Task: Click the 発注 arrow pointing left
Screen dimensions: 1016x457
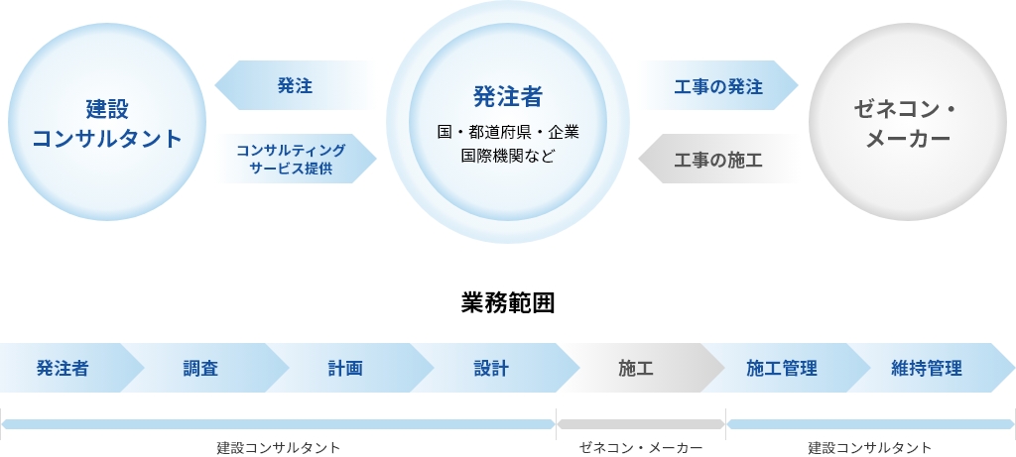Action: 295,85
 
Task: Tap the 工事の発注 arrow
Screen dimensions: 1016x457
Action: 718,85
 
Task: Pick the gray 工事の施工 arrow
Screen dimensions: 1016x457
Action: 718,159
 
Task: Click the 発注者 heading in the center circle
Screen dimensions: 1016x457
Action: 507,96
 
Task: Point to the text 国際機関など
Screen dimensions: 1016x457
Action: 507,156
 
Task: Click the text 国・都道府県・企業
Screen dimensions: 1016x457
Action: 507,133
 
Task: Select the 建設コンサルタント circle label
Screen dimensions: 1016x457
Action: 107,123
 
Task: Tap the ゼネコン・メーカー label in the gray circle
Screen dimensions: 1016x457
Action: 907,123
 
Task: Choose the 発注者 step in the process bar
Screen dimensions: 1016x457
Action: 63,369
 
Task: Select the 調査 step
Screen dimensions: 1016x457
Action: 200,369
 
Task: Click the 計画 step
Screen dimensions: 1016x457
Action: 344,369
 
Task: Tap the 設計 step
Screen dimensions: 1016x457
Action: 491,369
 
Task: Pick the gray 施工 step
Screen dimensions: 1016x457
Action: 636,369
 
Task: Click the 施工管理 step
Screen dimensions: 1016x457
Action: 782,369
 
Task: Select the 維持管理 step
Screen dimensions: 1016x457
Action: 927,369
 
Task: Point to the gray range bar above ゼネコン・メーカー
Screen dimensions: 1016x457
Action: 641,424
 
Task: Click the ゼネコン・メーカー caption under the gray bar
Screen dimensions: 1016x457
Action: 641,448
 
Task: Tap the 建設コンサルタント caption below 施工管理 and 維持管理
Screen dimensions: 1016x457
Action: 869,448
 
